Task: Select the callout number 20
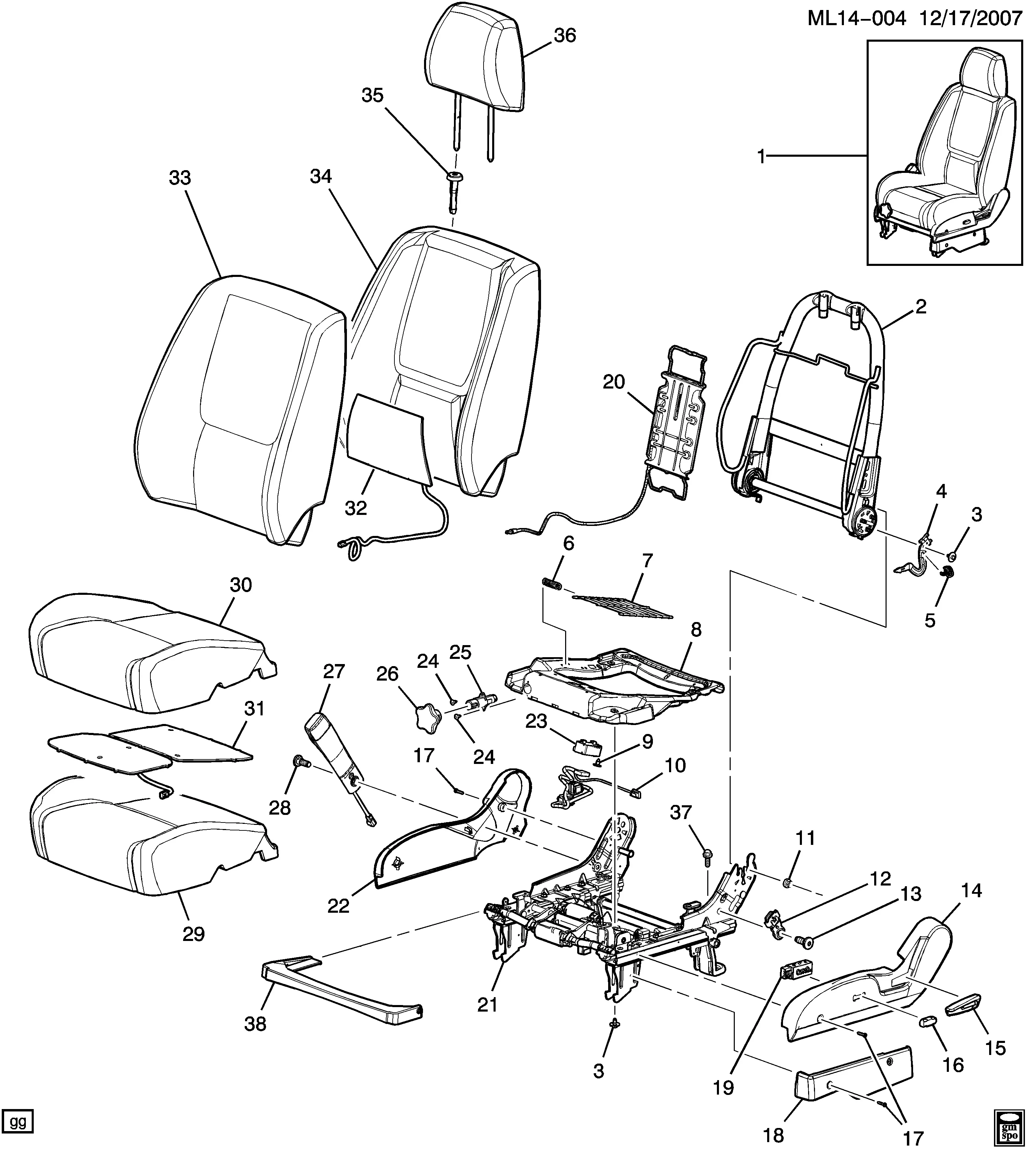tap(614, 382)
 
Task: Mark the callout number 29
tap(193, 934)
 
